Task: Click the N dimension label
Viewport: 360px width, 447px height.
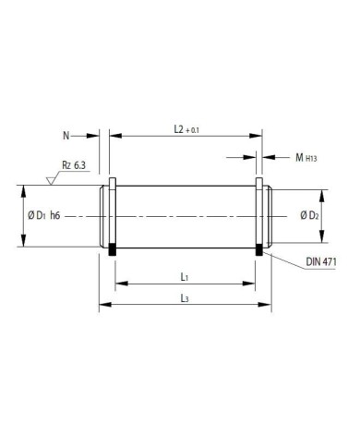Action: pyautogui.click(x=66, y=136)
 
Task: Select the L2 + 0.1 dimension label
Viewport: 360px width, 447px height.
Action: pyautogui.click(x=186, y=129)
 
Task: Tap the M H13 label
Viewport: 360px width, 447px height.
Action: pyautogui.click(x=306, y=158)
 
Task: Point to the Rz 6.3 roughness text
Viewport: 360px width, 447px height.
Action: pyautogui.click(x=74, y=165)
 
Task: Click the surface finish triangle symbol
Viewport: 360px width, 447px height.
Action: pyautogui.click(x=50, y=181)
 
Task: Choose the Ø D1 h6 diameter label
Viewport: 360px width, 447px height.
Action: pyautogui.click(x=44, y=216)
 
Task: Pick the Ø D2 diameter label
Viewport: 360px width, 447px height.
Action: pyautogui.click(x=309, y=215)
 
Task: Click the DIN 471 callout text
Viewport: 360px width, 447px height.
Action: pyautogui.click(x=321, y=262)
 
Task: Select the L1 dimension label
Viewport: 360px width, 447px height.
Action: pyautogui.click(x=185, y=277)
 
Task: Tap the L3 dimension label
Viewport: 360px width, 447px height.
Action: pyautogui.click(x=185, y=298)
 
